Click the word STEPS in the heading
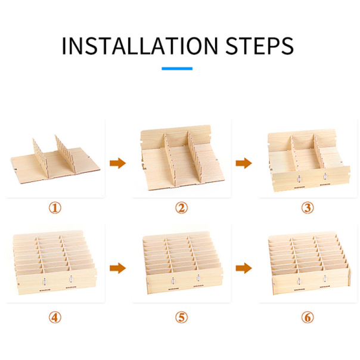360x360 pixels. [259, 46]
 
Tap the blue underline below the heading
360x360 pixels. [177, 69]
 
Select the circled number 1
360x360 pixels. [55, 208]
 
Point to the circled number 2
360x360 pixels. [181, 208]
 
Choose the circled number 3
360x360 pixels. [308, 208]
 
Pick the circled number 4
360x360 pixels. [55, 317]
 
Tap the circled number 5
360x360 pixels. [181, 317]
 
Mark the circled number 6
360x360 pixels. [308, 317]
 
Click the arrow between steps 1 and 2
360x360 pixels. [118, 163]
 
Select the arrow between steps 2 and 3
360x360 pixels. [244, 163]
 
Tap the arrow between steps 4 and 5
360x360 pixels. [118, 268]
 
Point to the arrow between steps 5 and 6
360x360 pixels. [244, 268]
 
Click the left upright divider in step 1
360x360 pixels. [41, 158]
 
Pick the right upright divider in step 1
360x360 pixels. [65, 153]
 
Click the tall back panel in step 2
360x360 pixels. [176, 136]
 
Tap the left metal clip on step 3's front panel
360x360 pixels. [299, 178]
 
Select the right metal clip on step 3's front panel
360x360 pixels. [325, 176]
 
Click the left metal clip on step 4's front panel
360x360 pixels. [45, 281]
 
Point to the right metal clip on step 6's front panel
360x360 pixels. [325, 279]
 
